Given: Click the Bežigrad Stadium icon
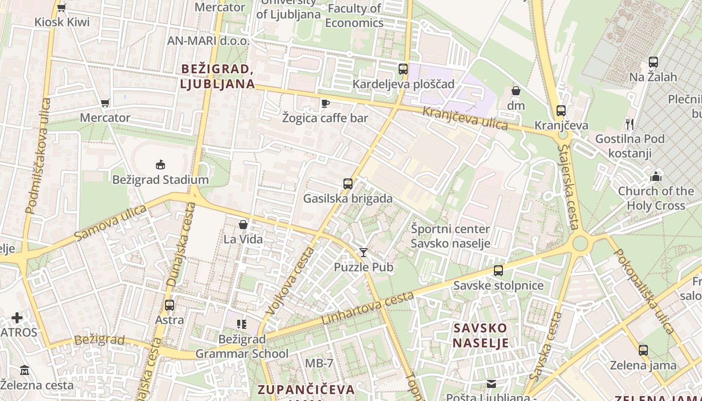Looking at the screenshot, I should pos(160,164).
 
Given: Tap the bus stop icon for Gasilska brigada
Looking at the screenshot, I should pos(348,183).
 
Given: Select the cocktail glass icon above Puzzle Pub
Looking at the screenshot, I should pos(364,253).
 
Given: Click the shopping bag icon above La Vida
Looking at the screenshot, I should pos(243,225).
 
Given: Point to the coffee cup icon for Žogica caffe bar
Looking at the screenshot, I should pos(325,104).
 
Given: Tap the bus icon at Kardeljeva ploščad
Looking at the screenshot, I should pos(403,69).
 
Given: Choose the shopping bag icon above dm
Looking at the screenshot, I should pos(515,91).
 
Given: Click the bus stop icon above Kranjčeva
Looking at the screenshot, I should pos(561,111).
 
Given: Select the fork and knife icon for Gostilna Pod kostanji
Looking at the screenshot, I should pos(630,124).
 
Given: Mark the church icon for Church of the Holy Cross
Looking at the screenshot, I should pos(655,176).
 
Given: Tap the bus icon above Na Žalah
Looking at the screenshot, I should pos(653,62).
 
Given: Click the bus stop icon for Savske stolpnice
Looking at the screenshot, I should pos(498,271).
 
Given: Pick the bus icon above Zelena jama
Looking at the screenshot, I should pos(643,350).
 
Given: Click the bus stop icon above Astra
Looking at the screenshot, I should pos(169,305).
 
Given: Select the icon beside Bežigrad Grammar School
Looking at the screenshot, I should pos(242,325).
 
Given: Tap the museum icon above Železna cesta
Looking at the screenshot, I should pos(25,371).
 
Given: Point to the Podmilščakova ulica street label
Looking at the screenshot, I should pos(39,156).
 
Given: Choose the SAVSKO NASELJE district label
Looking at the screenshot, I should pos(480,335).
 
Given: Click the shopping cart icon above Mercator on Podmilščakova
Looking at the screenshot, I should pos(105,103).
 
